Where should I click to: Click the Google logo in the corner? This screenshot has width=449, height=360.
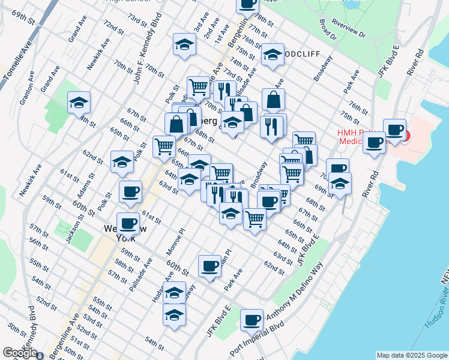click(x=20, y=353)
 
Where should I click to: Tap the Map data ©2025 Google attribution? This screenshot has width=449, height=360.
click(x=411, y=355)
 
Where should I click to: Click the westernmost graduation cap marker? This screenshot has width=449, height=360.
click(x=79, y=103)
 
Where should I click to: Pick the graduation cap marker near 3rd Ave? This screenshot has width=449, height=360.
click(x=185, y=44)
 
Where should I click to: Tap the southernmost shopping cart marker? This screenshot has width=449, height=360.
click(x=255, y=218)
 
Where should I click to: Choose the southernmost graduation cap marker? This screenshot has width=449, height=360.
click(x=174, y=314)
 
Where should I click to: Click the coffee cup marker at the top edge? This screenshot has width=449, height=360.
click(x=247, y=4)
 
